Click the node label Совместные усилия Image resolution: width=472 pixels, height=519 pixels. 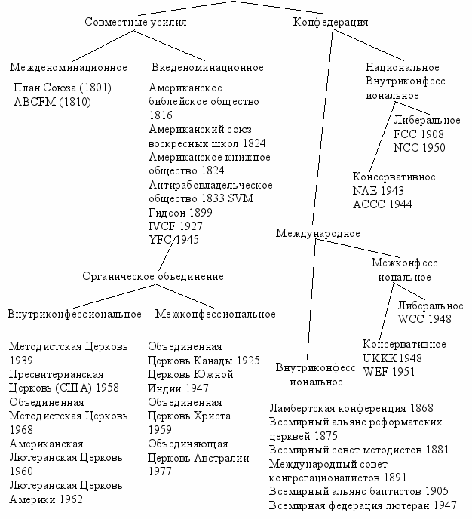coord(135,22)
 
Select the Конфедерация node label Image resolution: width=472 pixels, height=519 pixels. coord(330,22)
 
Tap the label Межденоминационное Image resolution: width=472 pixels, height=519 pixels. coord(69,67)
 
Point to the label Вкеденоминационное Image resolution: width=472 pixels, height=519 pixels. coord(207,67)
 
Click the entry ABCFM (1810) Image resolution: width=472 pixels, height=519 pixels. coord(52,102)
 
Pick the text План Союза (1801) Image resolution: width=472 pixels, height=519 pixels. coord(63,88)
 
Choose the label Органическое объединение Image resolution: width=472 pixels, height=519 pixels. coord(153,276)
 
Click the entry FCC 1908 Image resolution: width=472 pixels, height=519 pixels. coord(418,134)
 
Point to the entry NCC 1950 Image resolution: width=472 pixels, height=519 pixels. coord(419,147)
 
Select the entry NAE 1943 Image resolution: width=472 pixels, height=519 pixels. coord(378,190)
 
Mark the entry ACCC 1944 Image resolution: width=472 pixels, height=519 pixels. coord(382,204)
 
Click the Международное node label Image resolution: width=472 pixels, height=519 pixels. coord(317,233)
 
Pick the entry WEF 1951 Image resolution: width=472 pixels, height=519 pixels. coord(388,371)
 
